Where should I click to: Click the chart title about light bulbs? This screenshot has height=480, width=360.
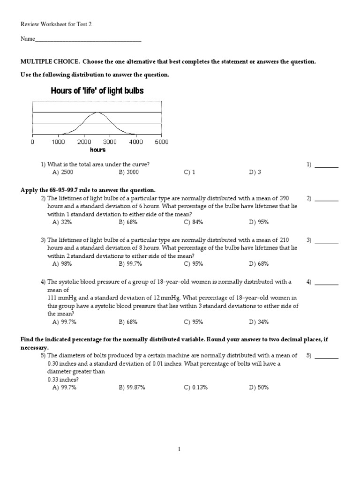tap(97, 91)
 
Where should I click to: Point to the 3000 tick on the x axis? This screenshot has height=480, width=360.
tap(110, 142)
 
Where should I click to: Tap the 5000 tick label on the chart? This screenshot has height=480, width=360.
tap(161, 142)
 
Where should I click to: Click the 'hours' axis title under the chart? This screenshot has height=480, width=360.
tap(97, 150)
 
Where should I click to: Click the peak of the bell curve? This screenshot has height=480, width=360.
tap(97, 112)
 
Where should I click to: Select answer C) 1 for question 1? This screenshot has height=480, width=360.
tap(189, 172)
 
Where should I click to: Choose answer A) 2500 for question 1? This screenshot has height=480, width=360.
tap(63, 172)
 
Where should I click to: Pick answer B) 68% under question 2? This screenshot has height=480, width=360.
tap(128, 222)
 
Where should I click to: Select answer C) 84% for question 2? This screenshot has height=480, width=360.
tap(193, 222)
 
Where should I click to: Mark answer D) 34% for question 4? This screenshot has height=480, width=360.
tap(259, 322)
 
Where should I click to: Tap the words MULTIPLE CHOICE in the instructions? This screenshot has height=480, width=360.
tap(49, 61)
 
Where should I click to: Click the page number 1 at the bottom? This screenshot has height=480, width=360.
tap(180, 449)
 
